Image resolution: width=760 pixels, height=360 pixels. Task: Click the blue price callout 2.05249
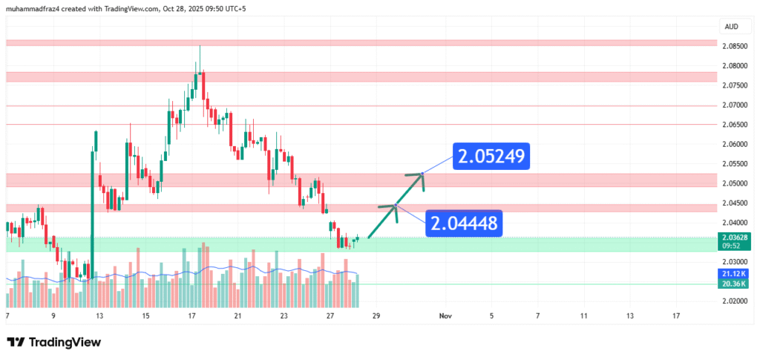[492, 157]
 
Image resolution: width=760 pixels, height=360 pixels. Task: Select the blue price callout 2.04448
[465, 223]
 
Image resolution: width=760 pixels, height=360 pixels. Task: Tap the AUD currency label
[730, 26]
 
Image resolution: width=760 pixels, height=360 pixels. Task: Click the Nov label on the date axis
[445, 315]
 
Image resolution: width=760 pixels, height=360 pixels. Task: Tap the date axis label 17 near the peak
[192, 315]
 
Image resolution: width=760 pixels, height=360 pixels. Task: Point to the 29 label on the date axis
[377, 315]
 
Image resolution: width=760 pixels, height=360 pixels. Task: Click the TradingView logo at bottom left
[53, 342]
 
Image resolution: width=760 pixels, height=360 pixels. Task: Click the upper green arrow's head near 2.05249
[420, 175]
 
